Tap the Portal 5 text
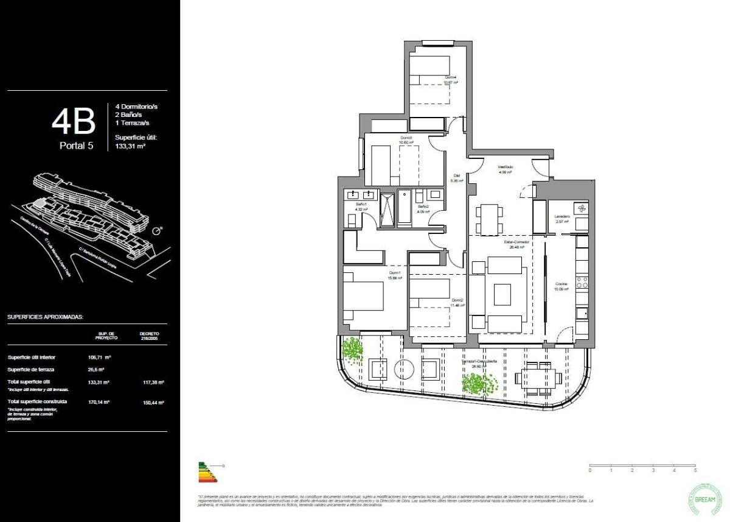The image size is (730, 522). click(x=76, y=146)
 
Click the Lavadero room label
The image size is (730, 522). click(x=561, y=217)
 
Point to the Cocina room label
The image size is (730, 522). click(x=561, y=284)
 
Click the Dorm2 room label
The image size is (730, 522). click(x=457, y=300)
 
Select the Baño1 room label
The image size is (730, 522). click(x=361, y=204)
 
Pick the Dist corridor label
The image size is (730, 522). click(x=456, y=175)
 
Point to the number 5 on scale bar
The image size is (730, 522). click(x=695, y=471)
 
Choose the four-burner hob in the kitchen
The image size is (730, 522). click(x=581, y=282)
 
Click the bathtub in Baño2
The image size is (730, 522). click(x=404, y=210)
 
